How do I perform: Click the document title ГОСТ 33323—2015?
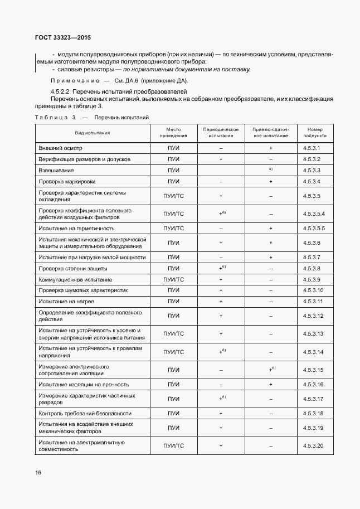click(59, 38)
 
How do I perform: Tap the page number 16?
click(38, 472)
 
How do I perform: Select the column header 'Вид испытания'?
click(93, 133)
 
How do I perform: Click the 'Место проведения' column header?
click(173, 133)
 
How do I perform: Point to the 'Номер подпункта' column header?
click(315, 133)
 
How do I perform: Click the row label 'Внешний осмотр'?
click(61, 149)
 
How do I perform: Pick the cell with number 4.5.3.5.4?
click(315, 214)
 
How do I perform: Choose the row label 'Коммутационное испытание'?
click(75, 279)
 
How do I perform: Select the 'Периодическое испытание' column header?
click(221, 133)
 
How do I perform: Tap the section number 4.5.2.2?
click(60, 91)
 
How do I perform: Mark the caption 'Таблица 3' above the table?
click(55, 118)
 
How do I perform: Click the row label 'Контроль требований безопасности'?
click(85, 414)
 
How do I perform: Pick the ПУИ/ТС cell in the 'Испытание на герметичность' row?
click(173, 229)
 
